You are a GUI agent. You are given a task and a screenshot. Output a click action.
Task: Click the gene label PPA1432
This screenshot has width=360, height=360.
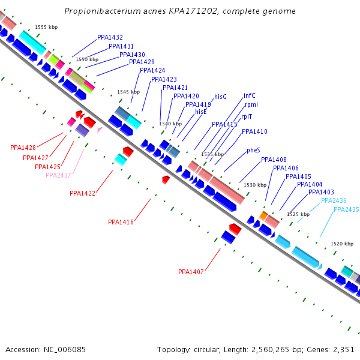[x=110, y=37]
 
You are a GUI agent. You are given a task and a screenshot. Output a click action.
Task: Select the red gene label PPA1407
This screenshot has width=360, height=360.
[x=191, y=272]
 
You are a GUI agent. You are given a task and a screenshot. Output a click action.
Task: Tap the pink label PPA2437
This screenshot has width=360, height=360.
[x=58, y=175]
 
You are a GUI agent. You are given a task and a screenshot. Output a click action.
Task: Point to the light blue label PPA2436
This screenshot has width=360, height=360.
[x=334, y=200]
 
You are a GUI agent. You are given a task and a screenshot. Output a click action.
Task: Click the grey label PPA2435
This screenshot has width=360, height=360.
[x=346, y=209]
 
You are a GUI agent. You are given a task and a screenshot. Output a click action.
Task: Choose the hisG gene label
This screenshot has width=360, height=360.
[x=220, y=97]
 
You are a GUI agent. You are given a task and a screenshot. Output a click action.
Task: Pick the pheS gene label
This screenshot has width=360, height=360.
[x=253, y=151]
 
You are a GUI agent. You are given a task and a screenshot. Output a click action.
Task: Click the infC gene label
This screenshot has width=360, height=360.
[x=250, y=95]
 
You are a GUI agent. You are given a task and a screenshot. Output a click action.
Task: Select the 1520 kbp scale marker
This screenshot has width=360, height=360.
[x=341, y=244]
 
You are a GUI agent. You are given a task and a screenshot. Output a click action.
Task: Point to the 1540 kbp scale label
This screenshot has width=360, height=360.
[x=170, y=124]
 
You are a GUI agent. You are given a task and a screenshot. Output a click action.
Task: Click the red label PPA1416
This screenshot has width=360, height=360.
[x=121, y=222]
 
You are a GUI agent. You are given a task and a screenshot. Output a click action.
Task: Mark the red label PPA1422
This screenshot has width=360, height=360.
[x=82, y=193]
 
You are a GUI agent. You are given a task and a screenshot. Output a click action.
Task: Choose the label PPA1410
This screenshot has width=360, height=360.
[x=254, y=131]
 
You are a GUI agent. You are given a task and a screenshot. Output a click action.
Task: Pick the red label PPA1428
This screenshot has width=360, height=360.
[x=23, y=148]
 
